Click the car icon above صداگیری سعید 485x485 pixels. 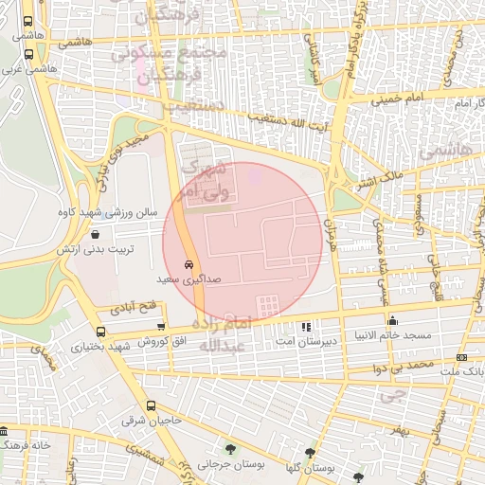pyautogui.click(x=189, y=265)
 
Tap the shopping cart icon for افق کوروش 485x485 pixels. pyautogui.click(x=161, y=326)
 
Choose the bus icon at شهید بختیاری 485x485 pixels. pyautogui.click(x=101, y=332)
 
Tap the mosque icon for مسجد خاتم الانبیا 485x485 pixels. pyautogui.click(x=392, y=320)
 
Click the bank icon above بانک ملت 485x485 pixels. pyautogui.click(x=461, y=357)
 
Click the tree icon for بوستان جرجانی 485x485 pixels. pyautogui.click(x=230, y=449)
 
